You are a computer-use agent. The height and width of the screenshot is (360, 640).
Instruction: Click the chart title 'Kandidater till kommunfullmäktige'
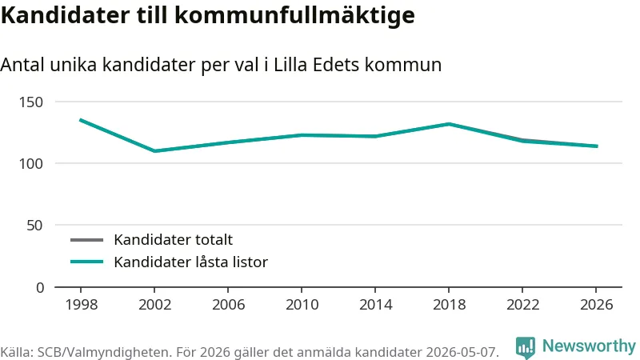pyautogui.click(x=208, y=16)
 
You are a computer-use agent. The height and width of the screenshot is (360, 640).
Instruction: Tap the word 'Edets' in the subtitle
pyautogui.click(x=336, y=65)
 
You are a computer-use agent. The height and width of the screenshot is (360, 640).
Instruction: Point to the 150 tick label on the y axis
pyautogui.click(x=31, y=102)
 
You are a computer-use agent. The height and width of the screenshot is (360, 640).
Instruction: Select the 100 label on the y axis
pyautogui.click(x=31, y=164)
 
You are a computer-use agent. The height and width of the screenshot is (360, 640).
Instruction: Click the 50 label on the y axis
pyautogui.click(x=34, y=226)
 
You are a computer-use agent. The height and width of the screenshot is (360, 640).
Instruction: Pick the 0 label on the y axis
pyautogui.click(x=39, y=288)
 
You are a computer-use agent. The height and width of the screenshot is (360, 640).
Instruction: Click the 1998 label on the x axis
pyautogui.click(x=82, y=305)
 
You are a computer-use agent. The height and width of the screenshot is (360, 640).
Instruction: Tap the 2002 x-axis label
pyautogui.click(x=154, y=305)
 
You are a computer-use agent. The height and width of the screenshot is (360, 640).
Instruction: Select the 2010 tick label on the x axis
pyautogui.click(x=302, y=305)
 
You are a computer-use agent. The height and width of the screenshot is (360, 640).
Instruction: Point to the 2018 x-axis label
pyautogui.click(x=449, y=305)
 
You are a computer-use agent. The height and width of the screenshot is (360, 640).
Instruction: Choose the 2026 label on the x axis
pyautogui.click(x=596, y=305)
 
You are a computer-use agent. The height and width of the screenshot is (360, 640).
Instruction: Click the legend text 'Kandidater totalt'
pyautogui.click(x=173, y=239)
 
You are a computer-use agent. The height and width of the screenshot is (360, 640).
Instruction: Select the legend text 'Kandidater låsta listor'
pyautogui.click(x=190, y=262)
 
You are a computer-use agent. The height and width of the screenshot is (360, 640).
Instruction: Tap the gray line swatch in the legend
pyautogui.click(x=86, y=239)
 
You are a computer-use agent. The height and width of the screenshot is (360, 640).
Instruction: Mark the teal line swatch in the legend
pyautogui.click(x=86, y=262)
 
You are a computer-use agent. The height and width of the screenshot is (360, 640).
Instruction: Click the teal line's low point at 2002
pyautogui.click(x=154, y=151)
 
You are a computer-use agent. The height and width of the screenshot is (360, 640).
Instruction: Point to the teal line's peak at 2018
pyautogui.click(x=449, y=124)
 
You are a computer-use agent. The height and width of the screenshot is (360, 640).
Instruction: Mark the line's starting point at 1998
pyautogui.click(x=81, y=120)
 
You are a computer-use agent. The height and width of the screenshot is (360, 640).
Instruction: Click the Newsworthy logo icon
pyautogui.click(x=526, y=348)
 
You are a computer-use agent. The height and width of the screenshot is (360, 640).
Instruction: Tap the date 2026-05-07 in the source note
pyautogui.click(x=462, y=352)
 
